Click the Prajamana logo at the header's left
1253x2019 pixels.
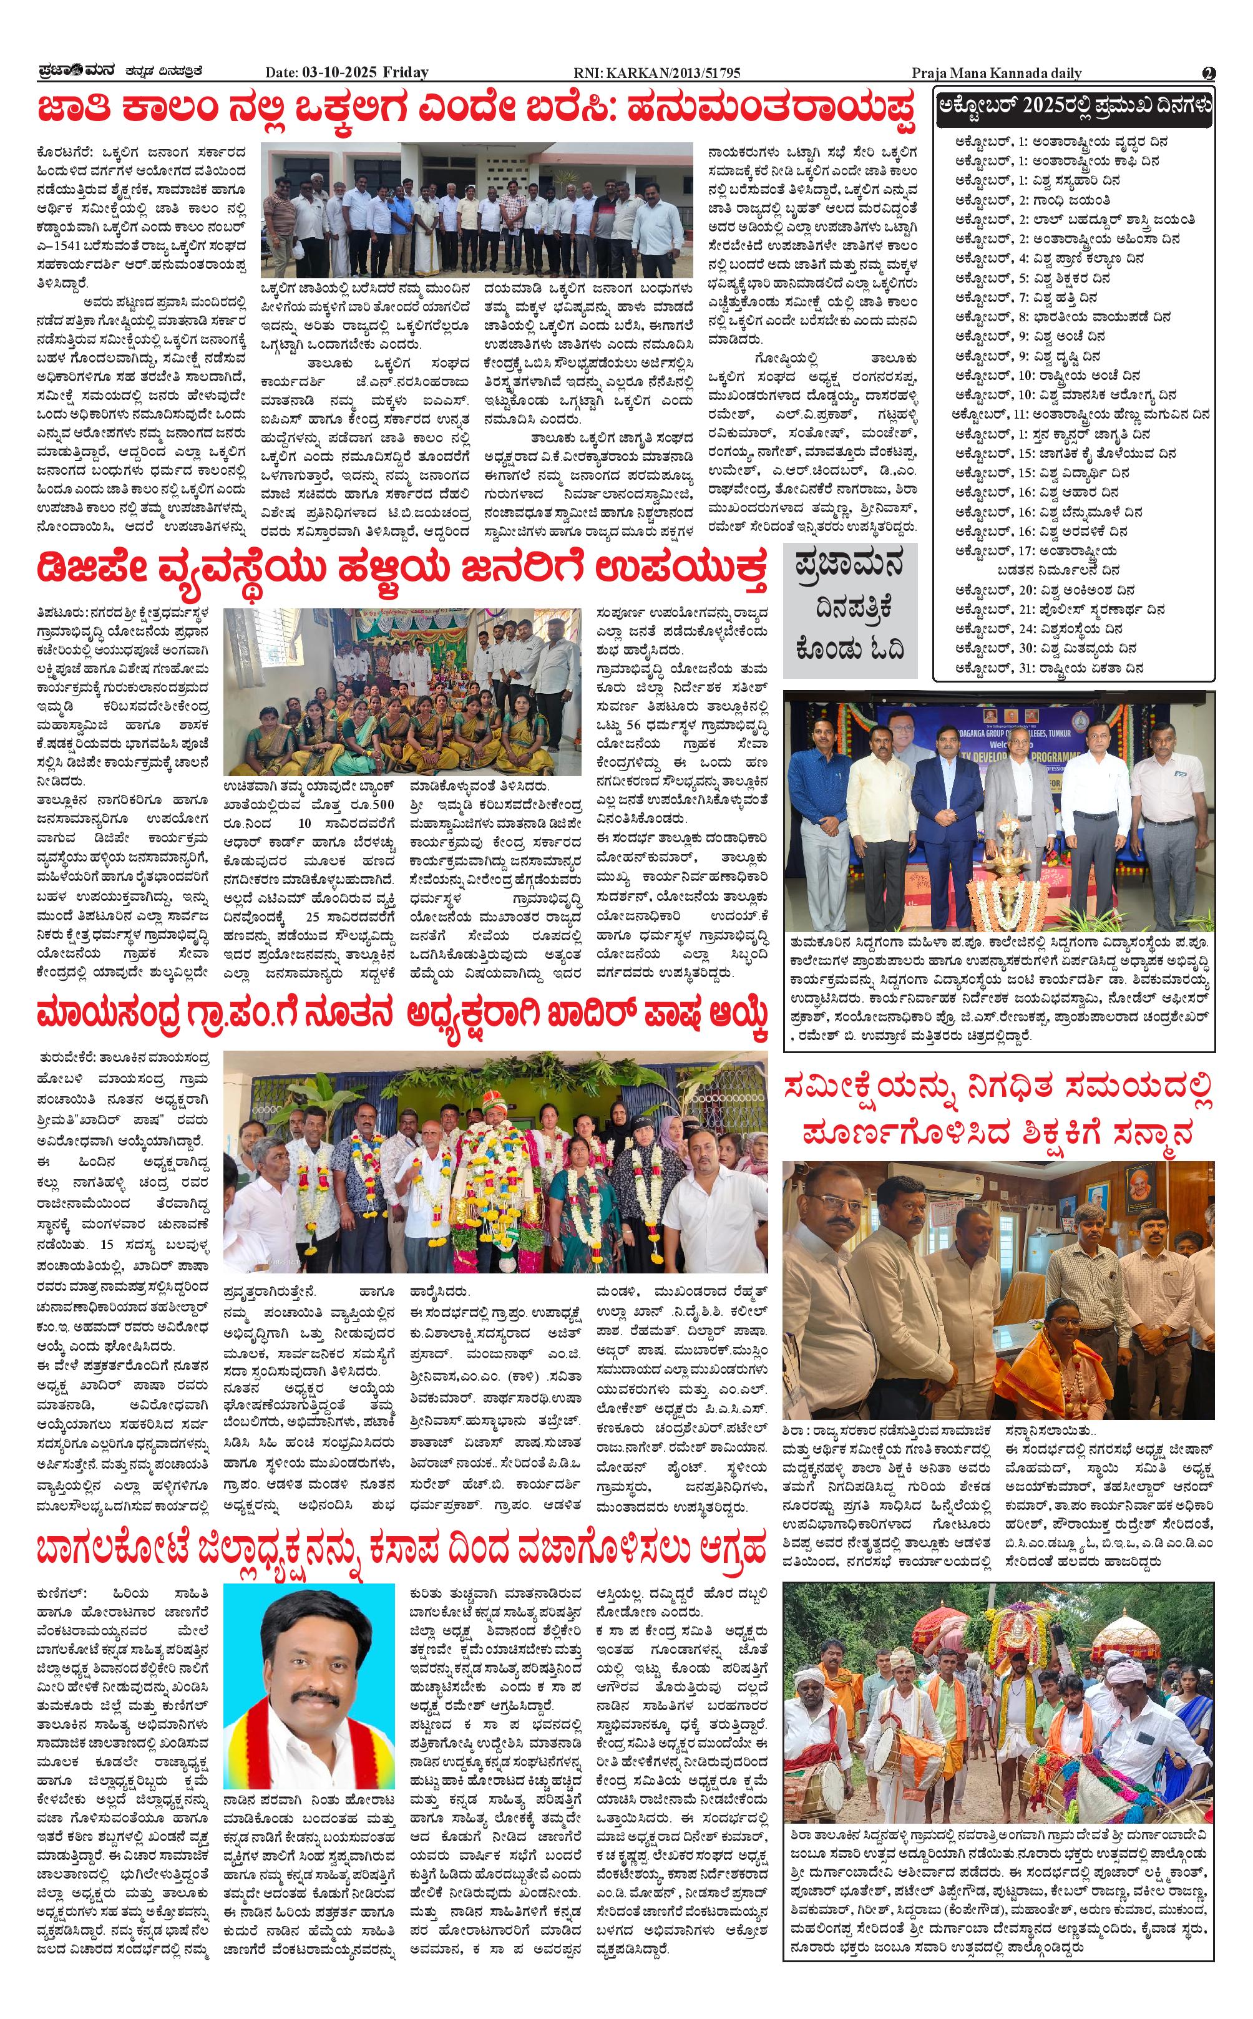point(79,72)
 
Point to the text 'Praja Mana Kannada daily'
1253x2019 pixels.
point(996,73)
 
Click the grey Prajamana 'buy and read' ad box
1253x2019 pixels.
point(849,611)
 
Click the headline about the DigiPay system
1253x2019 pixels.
point(401,571)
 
